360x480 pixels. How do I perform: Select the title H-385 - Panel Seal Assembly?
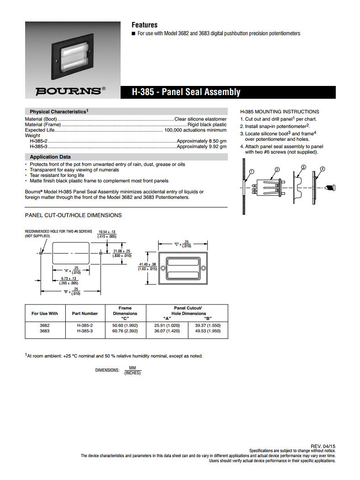(x=186, y=92)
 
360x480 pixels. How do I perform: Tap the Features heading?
(x=144, y=25)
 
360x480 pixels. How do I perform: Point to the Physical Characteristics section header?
(x=59, y=112)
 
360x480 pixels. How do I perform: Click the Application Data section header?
(x=50, y=157)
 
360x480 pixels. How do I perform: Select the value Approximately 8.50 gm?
(x=201, y=141)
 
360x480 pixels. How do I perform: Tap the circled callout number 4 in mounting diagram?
(x=323, y=169)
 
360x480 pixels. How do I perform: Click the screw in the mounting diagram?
(x=331, y=187)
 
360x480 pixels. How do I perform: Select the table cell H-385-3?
(x=85, y=331)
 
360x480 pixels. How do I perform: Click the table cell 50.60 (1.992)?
(x=125, y=325)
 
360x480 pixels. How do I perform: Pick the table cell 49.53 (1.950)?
(x=208, y=331)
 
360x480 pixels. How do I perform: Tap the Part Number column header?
(x=85, y=314)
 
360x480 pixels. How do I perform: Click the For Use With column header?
(x=45, y=314)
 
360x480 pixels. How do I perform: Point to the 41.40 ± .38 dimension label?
(x=147, y=264)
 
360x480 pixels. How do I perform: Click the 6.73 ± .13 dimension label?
(x=68, y=278)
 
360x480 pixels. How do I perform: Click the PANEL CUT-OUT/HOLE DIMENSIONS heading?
(x=73, y=215)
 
